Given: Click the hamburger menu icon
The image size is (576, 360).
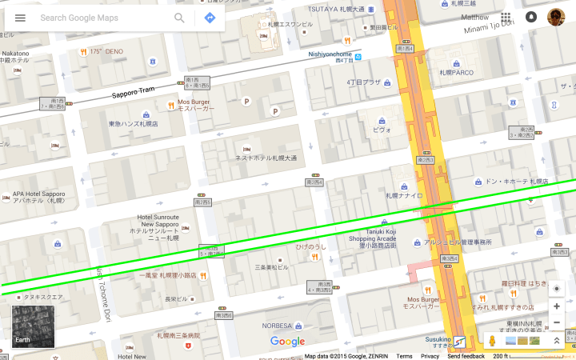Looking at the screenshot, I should coord(20,18).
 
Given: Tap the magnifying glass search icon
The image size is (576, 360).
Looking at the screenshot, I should coord(180,18).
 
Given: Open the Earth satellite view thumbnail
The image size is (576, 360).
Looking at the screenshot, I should coord(33,327).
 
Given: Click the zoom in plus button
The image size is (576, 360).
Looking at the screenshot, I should coord(557,306).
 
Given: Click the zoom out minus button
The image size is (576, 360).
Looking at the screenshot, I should coord(557,322).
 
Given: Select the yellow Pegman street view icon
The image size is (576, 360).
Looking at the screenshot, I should coord(492,341).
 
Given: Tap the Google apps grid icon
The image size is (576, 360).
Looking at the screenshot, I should coord(506,17).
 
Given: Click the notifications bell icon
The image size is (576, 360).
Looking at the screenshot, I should coord(531,17).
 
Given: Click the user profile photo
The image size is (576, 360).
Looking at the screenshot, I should coord(556,17).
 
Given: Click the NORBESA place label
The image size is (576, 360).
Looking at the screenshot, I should coord(277,326).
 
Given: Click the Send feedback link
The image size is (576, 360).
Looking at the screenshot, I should coord(466,356).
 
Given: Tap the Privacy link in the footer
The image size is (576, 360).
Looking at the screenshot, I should coord(430,356).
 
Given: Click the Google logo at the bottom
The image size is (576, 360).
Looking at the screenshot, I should coord(287,342).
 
